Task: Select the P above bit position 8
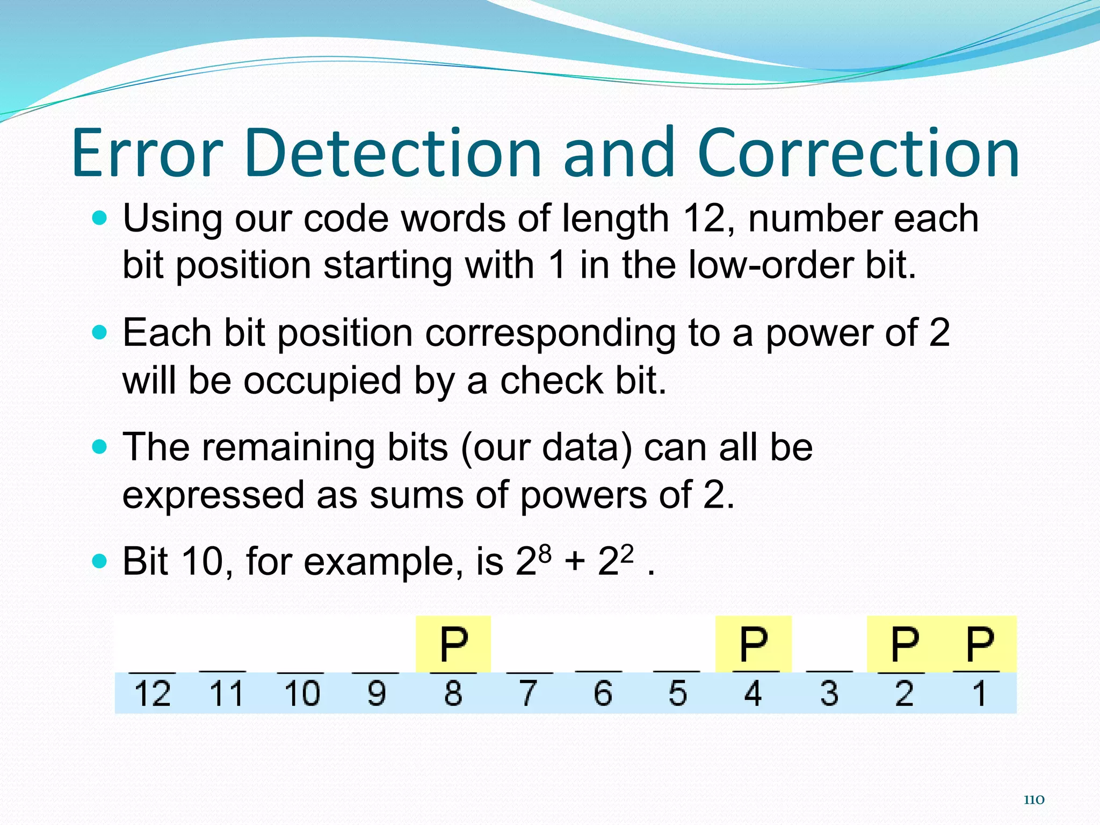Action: pos(453,644)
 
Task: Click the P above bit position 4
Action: pos(753,644)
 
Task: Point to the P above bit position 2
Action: pos(904,644)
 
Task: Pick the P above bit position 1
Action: pos(980,644)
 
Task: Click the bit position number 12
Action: pos(152,693)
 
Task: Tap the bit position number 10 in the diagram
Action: pos(302,693)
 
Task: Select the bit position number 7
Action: pos(528,693)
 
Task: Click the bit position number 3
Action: pos(829,693)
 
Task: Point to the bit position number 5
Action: pos(678,693)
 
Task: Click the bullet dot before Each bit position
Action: pos(100,333)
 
